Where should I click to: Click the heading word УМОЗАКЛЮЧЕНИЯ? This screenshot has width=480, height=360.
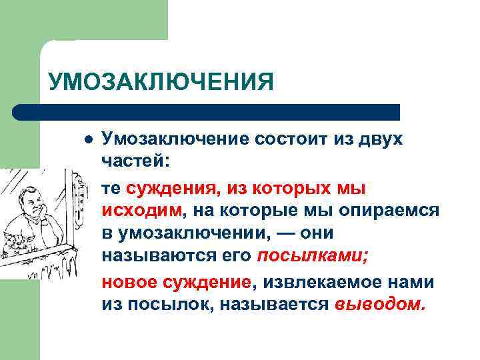click(161, 82)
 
